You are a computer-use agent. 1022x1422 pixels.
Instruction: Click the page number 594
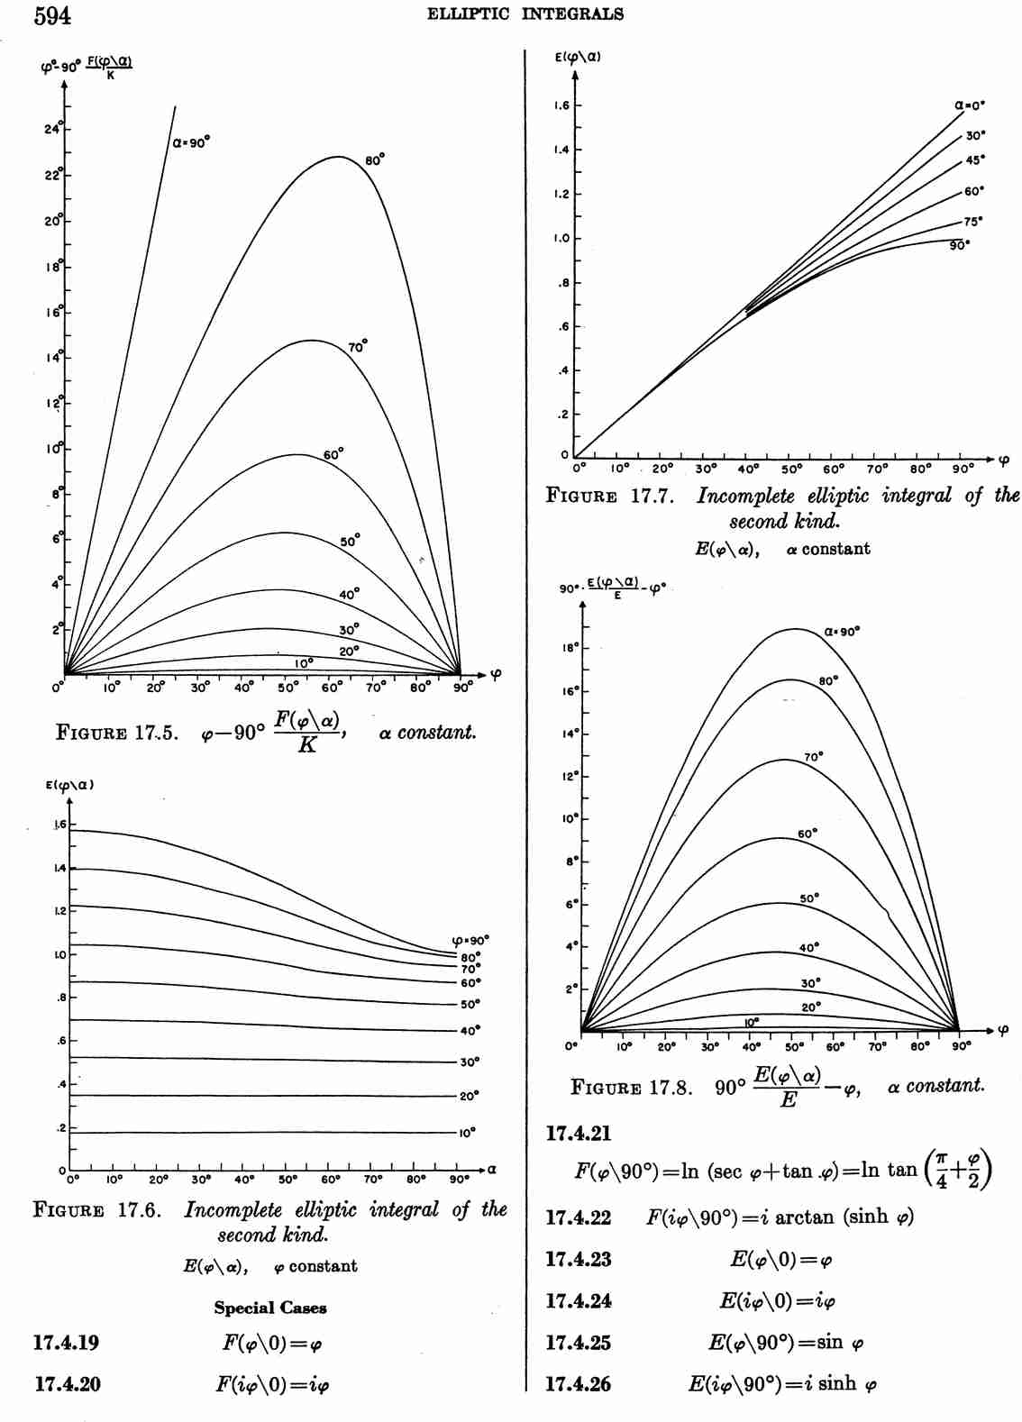click(51, 15)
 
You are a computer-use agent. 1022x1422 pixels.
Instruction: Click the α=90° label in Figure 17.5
click(191, 142)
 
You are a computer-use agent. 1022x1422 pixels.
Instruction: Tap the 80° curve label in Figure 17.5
click(375, 160)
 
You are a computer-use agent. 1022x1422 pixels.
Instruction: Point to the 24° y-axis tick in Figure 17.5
click(53, 129)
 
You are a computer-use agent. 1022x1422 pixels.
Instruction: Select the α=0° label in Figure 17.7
click(970, 105)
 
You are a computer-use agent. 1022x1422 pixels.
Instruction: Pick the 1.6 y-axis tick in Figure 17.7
click(561, 105)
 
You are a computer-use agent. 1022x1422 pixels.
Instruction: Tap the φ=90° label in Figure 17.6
click(470, 940)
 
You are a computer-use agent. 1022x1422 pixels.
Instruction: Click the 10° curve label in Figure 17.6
click(467, 1133)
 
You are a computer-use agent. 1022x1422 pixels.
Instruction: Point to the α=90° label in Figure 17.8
click(842, 632)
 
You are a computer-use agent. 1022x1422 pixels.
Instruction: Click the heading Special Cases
click(270, 1308)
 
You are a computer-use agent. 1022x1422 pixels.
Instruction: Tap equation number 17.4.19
click(67, 1343)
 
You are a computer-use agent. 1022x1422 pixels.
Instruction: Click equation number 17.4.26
click(578, 1384)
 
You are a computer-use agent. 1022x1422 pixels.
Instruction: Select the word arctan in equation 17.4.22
click(805, 1217)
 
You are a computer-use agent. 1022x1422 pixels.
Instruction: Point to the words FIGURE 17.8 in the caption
click(631, 1087)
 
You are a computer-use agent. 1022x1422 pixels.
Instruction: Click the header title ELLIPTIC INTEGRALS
click(525, 14)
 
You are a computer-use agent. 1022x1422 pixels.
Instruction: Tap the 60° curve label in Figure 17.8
click(808, 834)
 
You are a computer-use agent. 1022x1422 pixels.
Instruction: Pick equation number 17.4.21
click(578, 1134)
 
